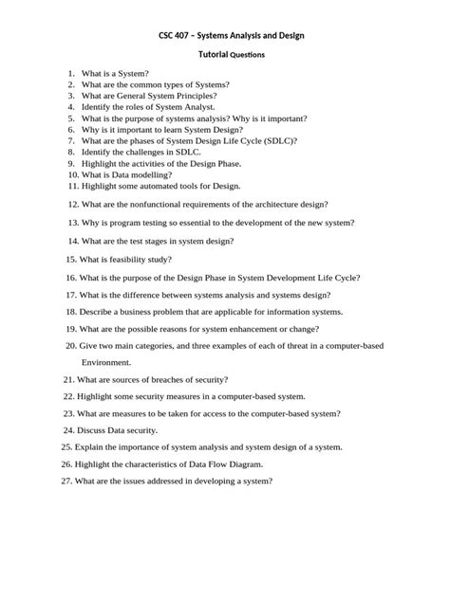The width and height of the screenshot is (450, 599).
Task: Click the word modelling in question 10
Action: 149,175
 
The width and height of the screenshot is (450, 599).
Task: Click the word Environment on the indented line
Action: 105,363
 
